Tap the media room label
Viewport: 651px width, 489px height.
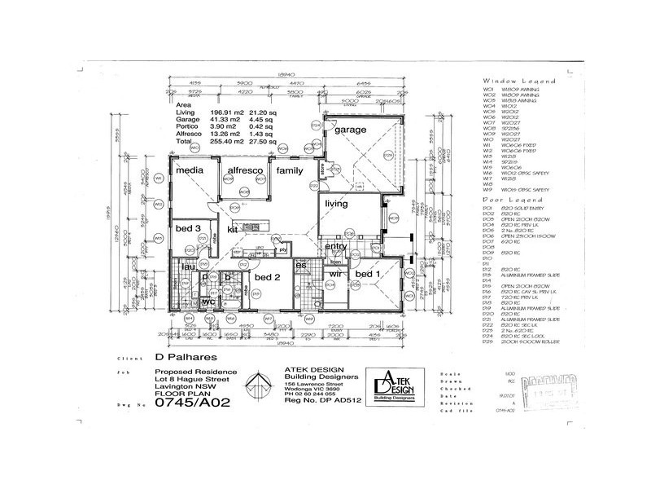[189, 170]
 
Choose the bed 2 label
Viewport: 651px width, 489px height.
[266, 277]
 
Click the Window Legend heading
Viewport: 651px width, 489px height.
[518, 82]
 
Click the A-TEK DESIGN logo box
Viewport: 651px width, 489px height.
[394, 384]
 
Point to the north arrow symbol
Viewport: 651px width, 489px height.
[258, 384]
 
